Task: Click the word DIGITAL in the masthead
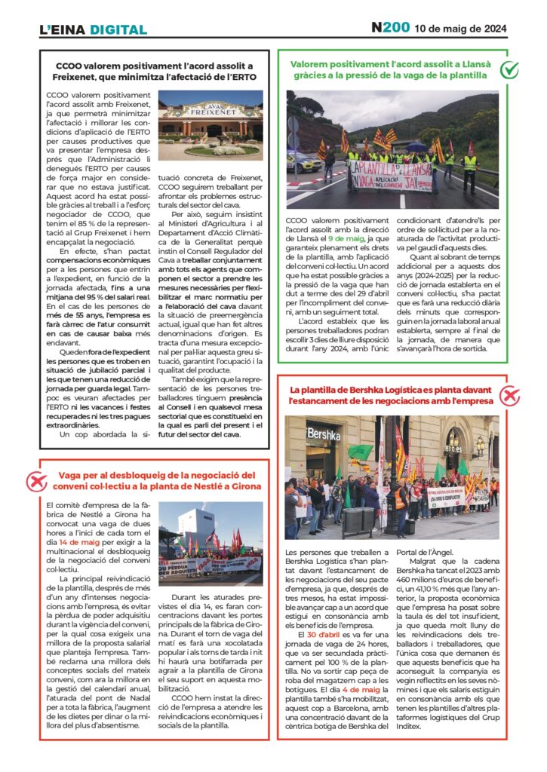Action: [118, 30]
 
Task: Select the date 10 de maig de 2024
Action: [461, 29]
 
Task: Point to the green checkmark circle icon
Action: [510, 70]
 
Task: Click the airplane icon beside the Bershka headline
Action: [510, 395]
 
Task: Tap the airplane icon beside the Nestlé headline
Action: [35, 480]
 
